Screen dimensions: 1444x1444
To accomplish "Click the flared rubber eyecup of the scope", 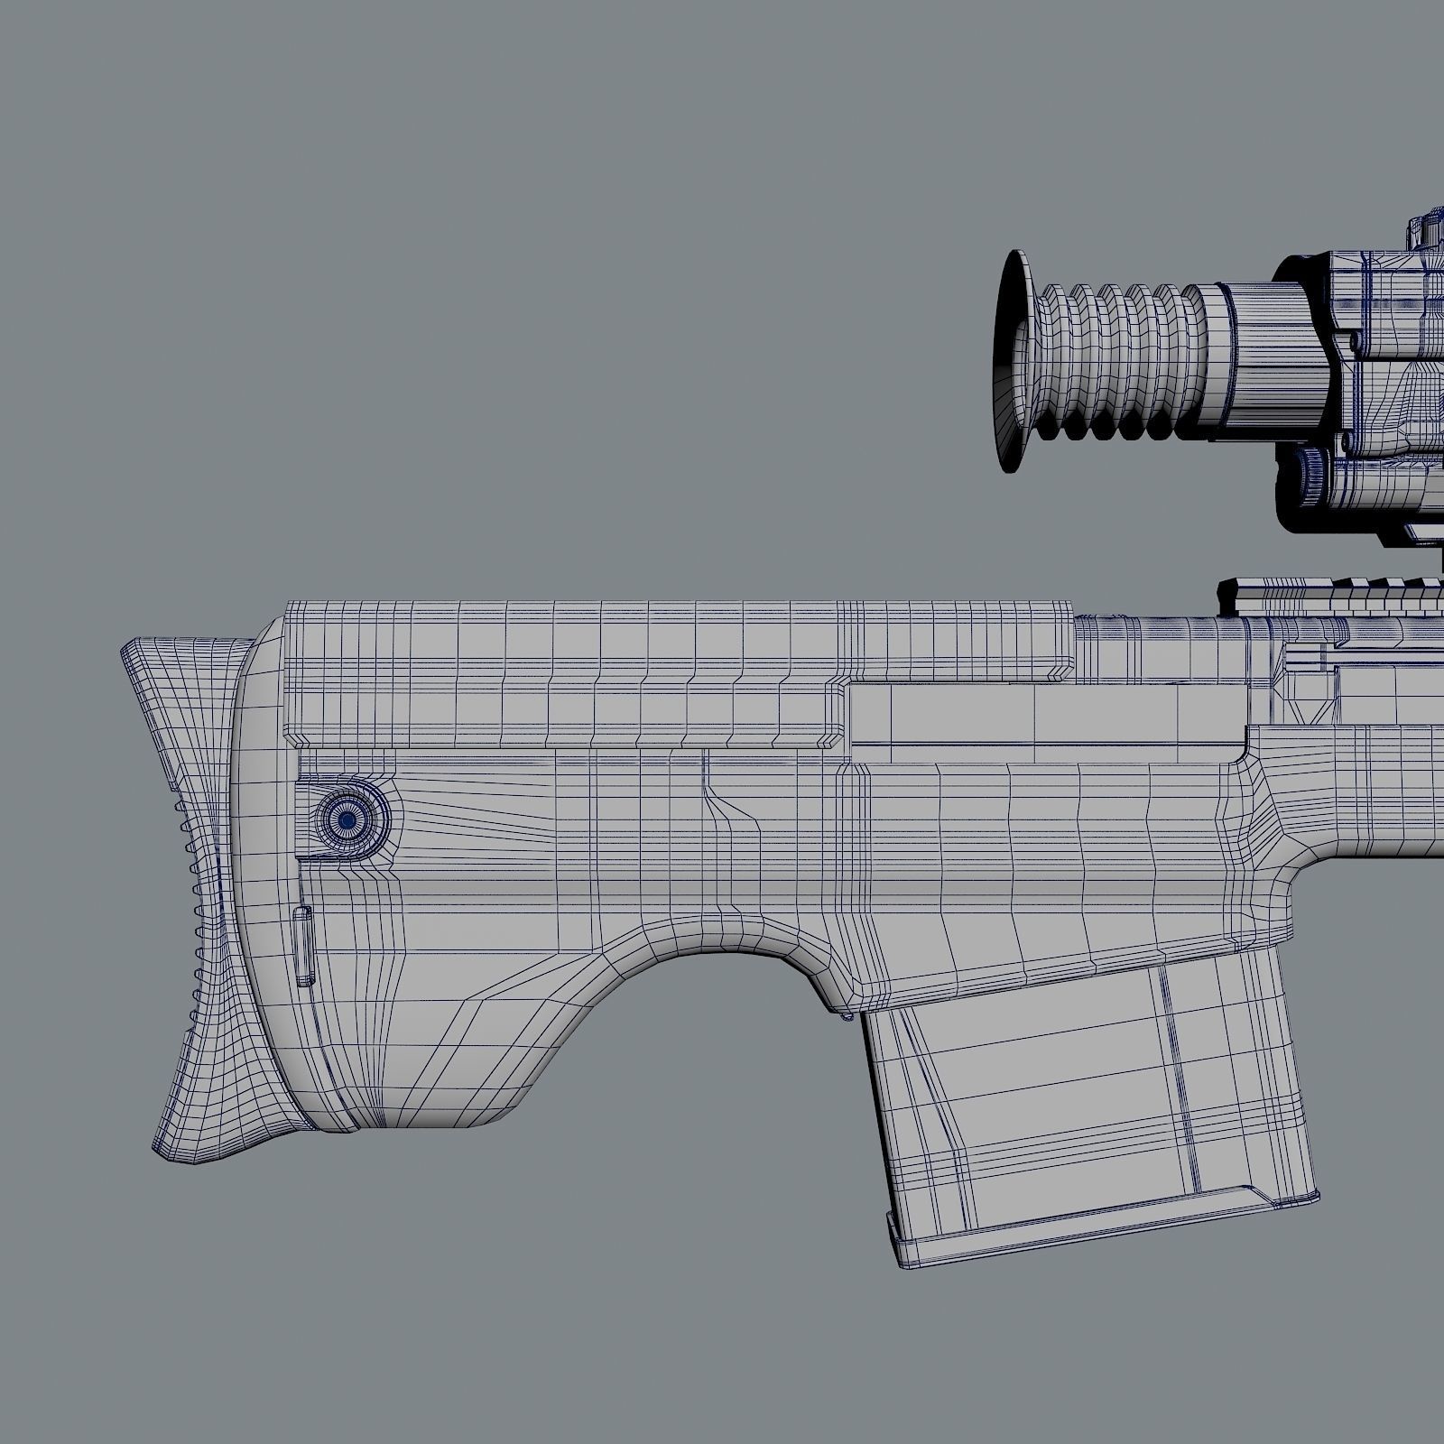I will (1013, 361).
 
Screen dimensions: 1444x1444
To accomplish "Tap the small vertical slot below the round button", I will (302, 946).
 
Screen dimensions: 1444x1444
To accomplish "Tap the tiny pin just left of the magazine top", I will (847, 1016).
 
